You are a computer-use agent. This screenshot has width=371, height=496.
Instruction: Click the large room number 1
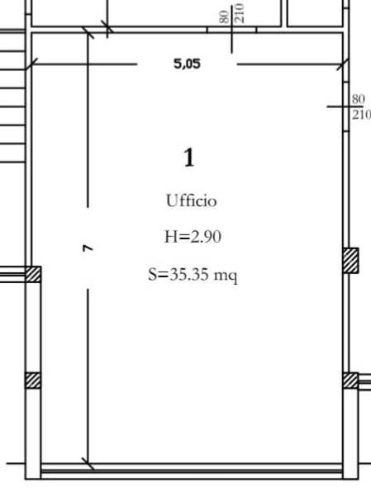(189, 157)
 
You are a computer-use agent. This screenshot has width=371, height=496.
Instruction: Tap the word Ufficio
(192, 201)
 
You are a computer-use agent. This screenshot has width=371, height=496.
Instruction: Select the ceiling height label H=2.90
(193, 237)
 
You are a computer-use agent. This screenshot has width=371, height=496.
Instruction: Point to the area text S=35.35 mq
(193, 275)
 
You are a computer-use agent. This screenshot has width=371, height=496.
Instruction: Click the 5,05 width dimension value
(187, 64)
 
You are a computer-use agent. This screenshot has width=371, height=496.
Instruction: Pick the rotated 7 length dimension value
(88, 248)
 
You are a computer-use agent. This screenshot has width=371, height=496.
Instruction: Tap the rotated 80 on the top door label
(224, 17)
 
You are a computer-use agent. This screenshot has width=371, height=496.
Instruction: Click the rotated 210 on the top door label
(240, 13)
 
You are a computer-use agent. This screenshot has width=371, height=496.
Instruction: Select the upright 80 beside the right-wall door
(359, 99)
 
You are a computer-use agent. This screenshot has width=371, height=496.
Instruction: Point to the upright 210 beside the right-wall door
(361, 115)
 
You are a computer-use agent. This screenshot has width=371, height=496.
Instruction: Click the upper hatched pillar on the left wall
(33, 274)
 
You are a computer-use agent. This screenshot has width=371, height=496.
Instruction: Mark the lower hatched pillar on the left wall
(33, 380)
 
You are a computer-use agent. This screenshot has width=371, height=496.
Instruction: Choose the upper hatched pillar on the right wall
(351, 261)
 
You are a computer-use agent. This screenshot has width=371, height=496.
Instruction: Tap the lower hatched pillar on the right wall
(351, 380)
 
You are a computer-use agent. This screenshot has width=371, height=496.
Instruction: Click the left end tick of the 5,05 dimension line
(31, 64)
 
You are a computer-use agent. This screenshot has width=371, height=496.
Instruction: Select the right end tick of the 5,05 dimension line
(343, 64)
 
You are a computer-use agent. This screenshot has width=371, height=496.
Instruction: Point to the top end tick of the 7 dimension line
(88, 32)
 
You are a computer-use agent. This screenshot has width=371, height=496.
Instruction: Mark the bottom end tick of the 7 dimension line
(88, 464)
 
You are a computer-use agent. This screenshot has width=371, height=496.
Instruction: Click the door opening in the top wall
(231, 30)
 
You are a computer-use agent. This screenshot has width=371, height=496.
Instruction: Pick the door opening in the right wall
(346, 107)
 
